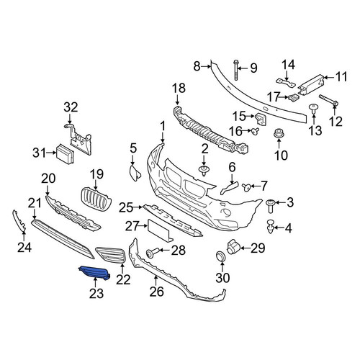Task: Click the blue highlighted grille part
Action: coord(95,273)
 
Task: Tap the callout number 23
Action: coord(96,293)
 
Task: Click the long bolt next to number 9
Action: coord(236,70)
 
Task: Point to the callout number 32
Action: coord(71,107)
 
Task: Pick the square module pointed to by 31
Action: coord(65,154)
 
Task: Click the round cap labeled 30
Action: coord(222,256)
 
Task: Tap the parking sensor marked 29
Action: coord(233,247)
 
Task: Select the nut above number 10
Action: coord(279,134)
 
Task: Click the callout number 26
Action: coord(157,292)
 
